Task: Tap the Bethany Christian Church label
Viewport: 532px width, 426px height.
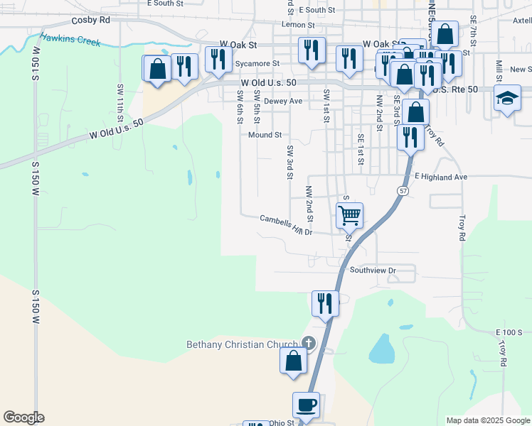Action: point(243,345)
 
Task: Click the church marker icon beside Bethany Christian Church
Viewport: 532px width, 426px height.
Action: point(308,343)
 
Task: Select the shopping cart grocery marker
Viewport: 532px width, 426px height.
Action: point(349,214)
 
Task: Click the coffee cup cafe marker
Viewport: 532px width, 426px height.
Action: point(306,405)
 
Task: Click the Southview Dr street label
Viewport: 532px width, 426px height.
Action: point(372,271)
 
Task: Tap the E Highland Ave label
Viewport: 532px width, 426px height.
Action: point(441,176)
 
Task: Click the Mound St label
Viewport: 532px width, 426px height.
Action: point(265,134)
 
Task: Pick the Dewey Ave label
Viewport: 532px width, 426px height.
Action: point(283,102)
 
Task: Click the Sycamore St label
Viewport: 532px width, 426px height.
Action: point(258,62)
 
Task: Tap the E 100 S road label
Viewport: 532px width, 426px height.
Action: point(509,332)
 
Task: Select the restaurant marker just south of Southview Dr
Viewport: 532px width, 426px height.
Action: point(324,302)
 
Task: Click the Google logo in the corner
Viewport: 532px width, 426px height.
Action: point(23,417)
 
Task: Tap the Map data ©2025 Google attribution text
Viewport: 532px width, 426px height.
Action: point(487,420)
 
